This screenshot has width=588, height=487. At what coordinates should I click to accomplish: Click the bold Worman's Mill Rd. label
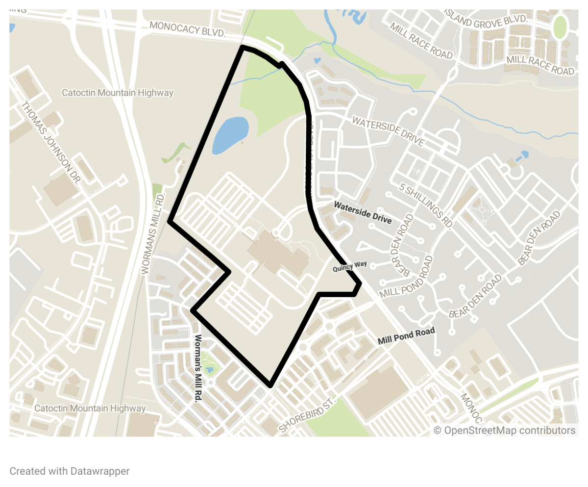198,369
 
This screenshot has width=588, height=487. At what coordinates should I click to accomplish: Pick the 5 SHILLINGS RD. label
425,205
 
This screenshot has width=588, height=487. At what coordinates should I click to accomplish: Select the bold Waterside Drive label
363,212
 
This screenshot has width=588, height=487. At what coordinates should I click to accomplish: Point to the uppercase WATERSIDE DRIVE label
388,131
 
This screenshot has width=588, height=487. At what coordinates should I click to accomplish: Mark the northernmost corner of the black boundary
243,47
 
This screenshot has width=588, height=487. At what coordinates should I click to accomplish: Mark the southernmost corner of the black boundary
270,385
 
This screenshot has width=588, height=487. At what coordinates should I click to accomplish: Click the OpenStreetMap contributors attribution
505,430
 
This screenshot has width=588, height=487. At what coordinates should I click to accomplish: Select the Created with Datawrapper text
70,471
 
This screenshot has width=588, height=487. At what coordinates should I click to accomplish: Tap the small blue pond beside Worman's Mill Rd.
210,369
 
